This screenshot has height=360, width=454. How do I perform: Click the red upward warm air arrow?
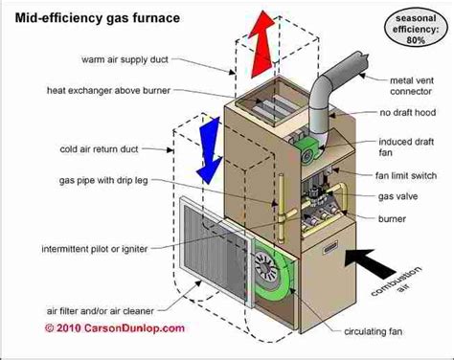point(261,45)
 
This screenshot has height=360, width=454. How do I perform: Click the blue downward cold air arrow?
point(209,151)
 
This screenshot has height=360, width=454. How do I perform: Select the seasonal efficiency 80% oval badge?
point(416,29)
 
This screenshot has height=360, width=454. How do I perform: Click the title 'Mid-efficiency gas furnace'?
point(98,18)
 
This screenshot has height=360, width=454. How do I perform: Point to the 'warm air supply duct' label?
point(125,59)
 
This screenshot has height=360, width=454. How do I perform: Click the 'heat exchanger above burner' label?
point(108,91)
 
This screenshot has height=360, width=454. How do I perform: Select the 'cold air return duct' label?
point(99,149)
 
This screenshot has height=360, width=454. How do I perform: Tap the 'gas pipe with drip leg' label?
point(103,181)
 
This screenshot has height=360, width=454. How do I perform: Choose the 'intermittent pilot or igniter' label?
point(95,249)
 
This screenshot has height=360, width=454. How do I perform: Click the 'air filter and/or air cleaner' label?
point(101,311)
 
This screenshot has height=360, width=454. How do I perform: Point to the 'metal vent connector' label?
point(412,86)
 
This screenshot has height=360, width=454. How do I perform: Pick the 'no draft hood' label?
point(408,113)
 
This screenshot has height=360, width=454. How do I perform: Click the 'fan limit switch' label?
point(406,176)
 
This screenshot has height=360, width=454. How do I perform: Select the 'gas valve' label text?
point(397,196)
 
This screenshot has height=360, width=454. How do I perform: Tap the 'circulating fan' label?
point(373,332)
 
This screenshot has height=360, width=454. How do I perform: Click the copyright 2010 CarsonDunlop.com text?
point(115,328)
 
